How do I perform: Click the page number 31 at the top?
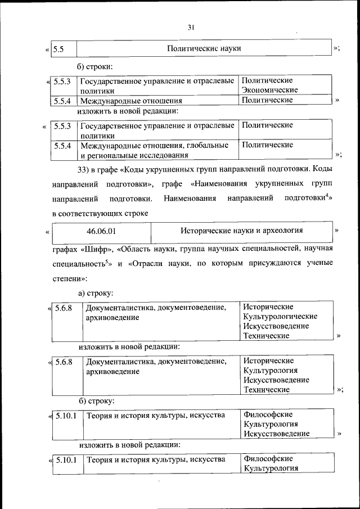click(191, 28)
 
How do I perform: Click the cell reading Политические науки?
click(204, 48)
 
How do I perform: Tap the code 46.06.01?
click(102, 231)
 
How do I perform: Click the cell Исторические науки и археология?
click(241, 231)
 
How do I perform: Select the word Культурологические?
click(280, 316)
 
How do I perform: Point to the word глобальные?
click(209, 145)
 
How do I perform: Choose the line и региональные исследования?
click(133, 155)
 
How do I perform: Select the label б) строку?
click(96, 401)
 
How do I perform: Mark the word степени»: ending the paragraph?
click(70, 278)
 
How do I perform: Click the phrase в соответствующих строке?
click(100, 213)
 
